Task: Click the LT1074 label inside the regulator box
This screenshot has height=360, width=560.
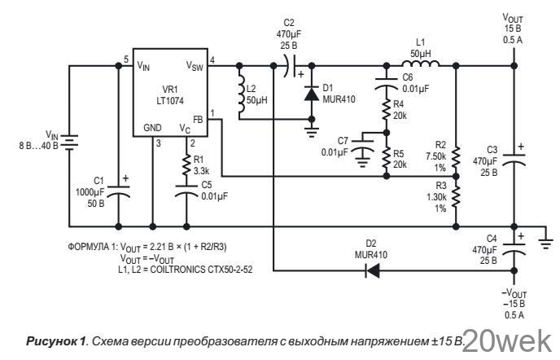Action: (x=170, y=101)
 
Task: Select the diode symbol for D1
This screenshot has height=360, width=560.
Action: (x=312, y=94)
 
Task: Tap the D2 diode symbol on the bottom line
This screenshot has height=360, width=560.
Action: (x=372, y=270)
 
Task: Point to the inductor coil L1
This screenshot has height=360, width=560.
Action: (x=420, y=64)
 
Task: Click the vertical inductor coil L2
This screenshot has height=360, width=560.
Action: (x=242, y=94)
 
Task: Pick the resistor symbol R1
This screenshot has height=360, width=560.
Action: (x=186, y=165)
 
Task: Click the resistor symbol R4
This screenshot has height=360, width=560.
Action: (x=386, y=110)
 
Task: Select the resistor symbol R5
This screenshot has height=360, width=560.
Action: (x=386, y=158)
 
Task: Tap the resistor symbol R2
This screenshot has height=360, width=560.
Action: (x=456, y=156)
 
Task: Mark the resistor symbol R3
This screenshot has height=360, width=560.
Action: (x=456, y=197)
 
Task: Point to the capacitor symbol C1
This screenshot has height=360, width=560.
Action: (x=119, y=191)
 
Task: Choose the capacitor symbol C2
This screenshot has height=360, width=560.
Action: (x=291, y=66)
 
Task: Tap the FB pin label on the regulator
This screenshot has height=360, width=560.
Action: (x=198, y=120)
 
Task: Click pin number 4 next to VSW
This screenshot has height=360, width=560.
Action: (x=212, y=60)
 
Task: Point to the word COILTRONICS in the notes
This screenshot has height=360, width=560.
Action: (x=177, y=270)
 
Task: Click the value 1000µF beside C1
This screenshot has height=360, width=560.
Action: (x=90, y=192)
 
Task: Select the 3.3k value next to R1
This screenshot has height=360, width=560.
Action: (x=201, y=171)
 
